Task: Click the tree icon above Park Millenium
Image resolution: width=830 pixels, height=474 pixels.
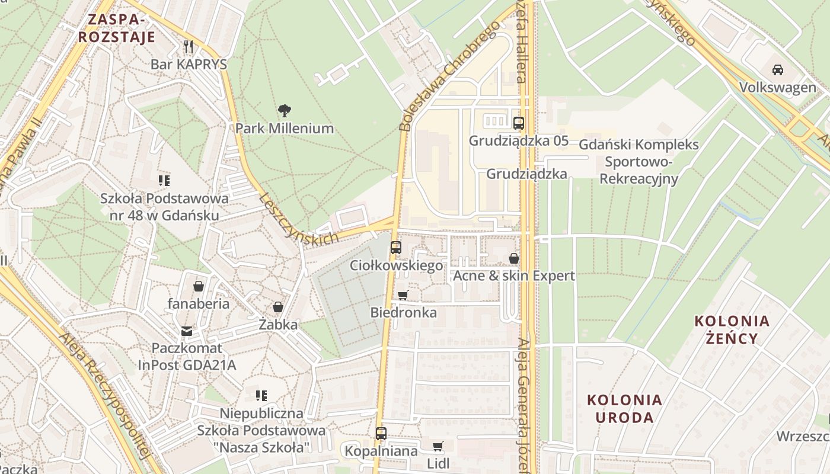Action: (285, 110)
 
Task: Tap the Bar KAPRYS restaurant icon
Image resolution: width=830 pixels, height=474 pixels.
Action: (189, 47)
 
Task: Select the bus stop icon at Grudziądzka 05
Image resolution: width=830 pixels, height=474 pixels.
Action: (519, 123)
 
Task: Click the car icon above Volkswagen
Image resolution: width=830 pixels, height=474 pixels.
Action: (777, 70)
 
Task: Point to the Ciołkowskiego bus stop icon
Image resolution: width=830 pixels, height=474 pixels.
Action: (396, 248)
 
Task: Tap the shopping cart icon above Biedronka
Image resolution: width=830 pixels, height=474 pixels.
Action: (403, 295)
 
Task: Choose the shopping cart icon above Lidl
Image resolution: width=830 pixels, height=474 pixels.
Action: (438, 446)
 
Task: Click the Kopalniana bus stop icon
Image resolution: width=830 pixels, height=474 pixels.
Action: (381, 434)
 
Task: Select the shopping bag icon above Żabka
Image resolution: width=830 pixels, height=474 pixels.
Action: (277, 307)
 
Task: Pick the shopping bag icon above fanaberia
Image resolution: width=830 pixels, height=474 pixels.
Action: (198, 286)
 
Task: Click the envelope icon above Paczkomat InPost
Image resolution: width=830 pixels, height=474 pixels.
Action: (187, 331)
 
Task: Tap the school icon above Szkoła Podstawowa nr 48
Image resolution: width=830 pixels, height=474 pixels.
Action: (164, 180)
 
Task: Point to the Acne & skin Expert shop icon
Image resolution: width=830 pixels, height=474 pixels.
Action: (513, 258)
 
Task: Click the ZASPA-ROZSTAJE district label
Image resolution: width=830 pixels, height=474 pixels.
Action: (117, 28)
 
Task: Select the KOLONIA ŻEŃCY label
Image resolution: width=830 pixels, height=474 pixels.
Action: (732, 329)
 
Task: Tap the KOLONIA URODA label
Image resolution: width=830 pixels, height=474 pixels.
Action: (624, 408)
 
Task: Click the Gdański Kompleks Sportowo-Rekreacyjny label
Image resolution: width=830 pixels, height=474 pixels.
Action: (639, 162)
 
